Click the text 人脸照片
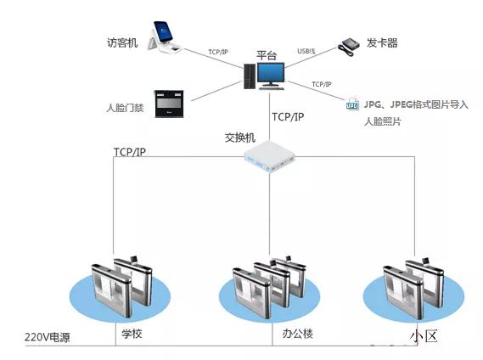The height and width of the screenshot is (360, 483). coord(382,122)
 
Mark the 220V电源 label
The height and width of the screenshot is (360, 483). coord(47,338)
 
